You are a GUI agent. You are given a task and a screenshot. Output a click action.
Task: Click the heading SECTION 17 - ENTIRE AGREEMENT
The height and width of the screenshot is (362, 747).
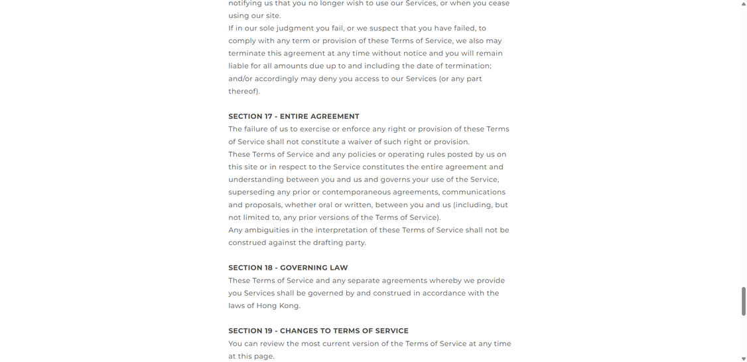click(x=294, y=116)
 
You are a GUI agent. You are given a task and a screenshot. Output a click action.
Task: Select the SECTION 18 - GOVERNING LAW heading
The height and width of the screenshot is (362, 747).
click(x=288, y=268)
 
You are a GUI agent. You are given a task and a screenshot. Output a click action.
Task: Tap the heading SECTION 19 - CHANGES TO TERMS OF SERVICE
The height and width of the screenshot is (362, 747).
click(x=318, y=331)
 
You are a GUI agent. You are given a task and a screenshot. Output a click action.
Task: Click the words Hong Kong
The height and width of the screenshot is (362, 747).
click(x=278, y=306)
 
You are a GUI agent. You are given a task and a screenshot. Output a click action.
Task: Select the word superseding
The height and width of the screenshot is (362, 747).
click(x=251, y=192)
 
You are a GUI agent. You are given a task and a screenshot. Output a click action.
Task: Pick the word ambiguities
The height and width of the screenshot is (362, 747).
click(x=264, y=230)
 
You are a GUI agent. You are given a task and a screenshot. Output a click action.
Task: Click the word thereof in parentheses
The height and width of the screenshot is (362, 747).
click(x=243, y=91)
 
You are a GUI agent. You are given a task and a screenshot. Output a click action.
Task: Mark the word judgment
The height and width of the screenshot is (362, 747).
click(x=295, y=28)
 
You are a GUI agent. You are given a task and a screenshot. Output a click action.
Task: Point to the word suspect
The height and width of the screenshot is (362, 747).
click(x=384, y=28)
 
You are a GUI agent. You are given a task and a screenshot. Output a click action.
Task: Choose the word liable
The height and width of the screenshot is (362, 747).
click(x=238, y=66)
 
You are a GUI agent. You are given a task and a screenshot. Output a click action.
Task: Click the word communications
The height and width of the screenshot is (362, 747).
click(x=474, y=192)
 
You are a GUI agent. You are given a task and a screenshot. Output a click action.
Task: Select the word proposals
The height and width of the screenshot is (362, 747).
click(x=263, y=205)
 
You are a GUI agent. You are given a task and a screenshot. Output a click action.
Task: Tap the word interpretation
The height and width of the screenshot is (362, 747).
click(x=341, y=230)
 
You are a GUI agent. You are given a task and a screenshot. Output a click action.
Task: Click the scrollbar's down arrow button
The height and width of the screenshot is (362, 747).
click(x=743, y=358)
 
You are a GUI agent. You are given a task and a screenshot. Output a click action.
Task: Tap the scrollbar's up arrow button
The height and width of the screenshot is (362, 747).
click(x=743, y=4)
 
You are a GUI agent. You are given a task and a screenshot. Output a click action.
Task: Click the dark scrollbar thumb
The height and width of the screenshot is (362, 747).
click(x=743, y=302)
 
